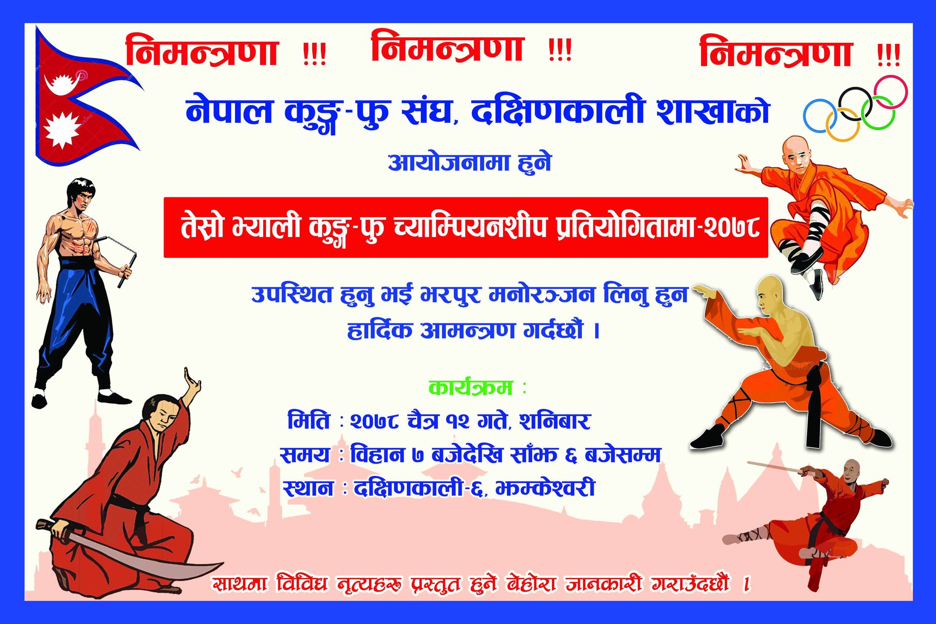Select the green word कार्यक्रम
click(x=470, y=388)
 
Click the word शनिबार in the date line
click(x=555, y=421)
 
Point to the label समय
click(x=304, y=455)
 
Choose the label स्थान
click(x=308, y=488)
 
